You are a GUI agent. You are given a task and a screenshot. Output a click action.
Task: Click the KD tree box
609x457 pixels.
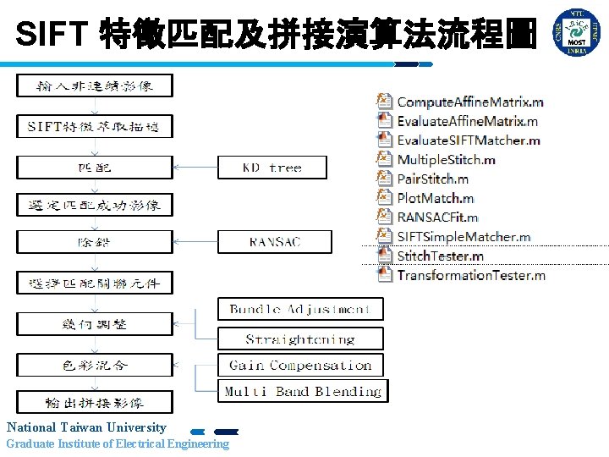click(272, 168)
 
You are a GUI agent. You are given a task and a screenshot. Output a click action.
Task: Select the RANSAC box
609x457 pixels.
click(272, 242)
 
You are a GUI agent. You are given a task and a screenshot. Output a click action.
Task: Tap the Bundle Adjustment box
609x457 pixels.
click(300, 309)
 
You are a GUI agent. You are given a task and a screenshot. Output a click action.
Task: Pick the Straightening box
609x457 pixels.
click(300, 339)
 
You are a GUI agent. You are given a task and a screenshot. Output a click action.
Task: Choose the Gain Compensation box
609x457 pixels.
click(300, 366)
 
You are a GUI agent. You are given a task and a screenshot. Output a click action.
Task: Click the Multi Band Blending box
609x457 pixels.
click(303, 391)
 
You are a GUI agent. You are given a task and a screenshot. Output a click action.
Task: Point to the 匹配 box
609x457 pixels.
click(94, 168)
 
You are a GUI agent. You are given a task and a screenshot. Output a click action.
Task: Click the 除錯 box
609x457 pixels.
click(94, 242)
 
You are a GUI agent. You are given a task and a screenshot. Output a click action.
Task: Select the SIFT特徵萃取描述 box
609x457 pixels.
click(94, 127)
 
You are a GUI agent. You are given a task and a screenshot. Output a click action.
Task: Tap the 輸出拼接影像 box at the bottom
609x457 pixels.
click(94, 402)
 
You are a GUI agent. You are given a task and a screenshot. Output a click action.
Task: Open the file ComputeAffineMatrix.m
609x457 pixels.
click(470, 102)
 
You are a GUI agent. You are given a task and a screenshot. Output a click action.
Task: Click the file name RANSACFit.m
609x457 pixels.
click(437, 217)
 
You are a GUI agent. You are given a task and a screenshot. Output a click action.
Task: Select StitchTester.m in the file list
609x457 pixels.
click(440, 256)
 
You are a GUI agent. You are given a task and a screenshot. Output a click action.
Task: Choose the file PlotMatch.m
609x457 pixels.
click(436, 198)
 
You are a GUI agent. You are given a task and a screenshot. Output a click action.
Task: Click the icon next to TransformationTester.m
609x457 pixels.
click(384, 274)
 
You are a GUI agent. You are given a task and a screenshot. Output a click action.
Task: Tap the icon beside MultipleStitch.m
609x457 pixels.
click(384, 159)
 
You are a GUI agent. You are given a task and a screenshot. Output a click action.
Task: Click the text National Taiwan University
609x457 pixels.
click(86, 427)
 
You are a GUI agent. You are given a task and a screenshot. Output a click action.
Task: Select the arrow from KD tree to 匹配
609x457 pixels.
click(195, 168)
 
